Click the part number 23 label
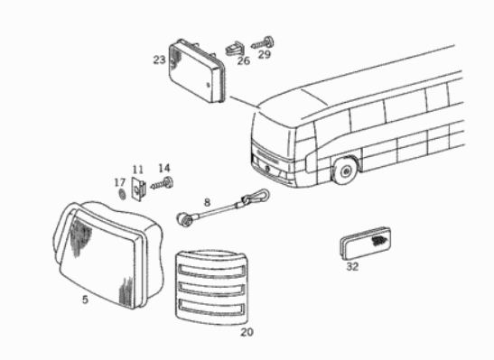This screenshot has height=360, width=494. (x=160, y=60)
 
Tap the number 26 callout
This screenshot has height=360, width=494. (x=244, y=60)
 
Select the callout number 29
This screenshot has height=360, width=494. (x=265, y=54)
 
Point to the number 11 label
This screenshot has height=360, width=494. (x=137, y=170)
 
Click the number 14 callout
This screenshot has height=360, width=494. (x=164, y=169)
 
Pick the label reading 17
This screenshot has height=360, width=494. (x=120, y=182)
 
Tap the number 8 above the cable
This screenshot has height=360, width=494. (x=207, y=202)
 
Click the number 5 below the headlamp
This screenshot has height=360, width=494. (x=85, y=300)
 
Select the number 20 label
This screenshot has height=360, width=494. (x=247, y=332)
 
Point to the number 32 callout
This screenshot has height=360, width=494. (x=352, y=266)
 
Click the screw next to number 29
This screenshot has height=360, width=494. (x=263, y=43)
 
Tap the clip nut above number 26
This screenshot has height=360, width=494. (x=235, y=49)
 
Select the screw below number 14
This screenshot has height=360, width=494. (x=162, y=183)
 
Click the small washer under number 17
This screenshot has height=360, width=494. (x=122, y=194)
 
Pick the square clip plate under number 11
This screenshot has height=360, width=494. (x=139, y=189)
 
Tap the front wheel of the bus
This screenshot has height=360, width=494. (x=344, y=171)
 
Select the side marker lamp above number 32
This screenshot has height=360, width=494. (x=366, y=243)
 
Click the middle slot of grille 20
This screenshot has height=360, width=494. (x=211, y=288)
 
